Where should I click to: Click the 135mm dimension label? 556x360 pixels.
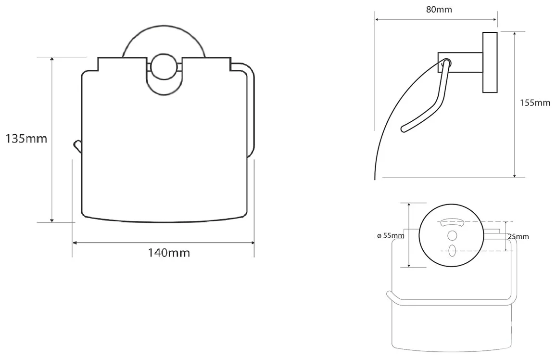point(26,138)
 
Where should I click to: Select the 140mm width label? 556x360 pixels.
point(169,253)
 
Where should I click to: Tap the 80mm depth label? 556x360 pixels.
point(439,10)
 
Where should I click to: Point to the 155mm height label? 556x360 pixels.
point(535,103)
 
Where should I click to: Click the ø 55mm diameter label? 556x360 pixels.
point(391,235)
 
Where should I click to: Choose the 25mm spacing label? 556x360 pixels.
point(518,237)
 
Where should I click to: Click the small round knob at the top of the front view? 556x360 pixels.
point(164,66)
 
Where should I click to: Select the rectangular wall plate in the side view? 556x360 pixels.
point(490,63)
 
